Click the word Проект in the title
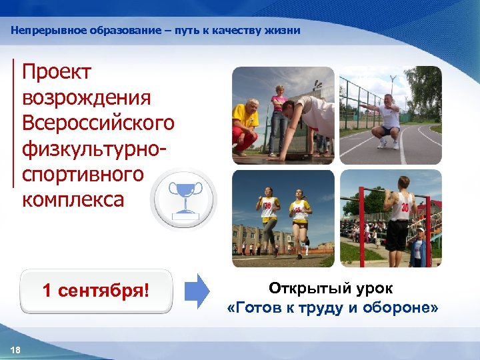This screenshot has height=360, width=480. [x=57, y=73]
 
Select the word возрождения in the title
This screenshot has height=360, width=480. [x=87, y=98]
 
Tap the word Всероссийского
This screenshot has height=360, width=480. [x=98, y=123]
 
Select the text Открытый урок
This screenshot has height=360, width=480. [x=331, y=289]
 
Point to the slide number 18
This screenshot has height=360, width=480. [x=16, y=351]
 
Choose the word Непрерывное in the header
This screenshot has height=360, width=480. [x=41, y=31]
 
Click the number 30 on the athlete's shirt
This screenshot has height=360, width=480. [x=404, y=207]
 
